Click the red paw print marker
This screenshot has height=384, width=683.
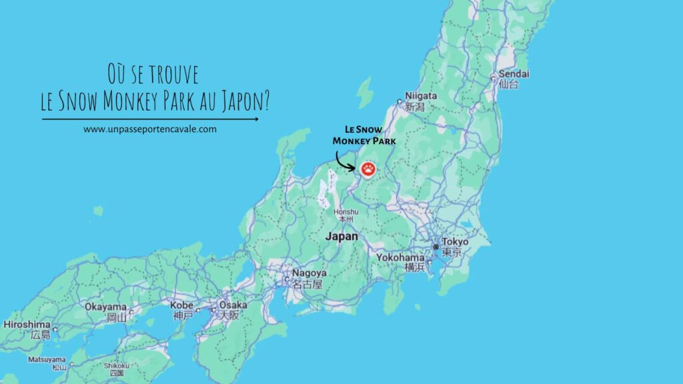click(368, 169)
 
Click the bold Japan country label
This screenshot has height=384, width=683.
click(341, 236)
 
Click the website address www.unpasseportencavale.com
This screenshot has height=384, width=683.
click(150, 129)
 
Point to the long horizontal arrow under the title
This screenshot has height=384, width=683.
click(150, 119)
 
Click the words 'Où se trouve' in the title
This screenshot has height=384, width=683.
click(153, 73)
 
